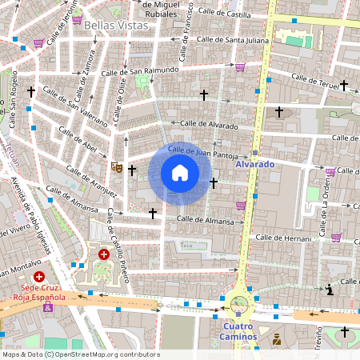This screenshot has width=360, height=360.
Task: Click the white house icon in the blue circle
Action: pyautogui.click(x=180, y=173)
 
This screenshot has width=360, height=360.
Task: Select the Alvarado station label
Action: pyautogui.click(x=255, y=164)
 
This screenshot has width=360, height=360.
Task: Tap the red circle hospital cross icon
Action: pyautogui.click(x=103, y=254)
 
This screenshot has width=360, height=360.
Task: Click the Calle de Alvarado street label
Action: pyautogui.click(x=210, y=125)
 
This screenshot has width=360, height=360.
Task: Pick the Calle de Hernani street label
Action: pyautogui.click(x=281, y=238)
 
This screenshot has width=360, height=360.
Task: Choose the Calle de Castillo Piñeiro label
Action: pyautogui.click(x=118, y=255)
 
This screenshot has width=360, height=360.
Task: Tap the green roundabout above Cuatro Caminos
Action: pyautogui.click(x=238, y=303)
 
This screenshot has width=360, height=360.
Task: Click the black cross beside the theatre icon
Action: pyautogui.click(x=132, y=170)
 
